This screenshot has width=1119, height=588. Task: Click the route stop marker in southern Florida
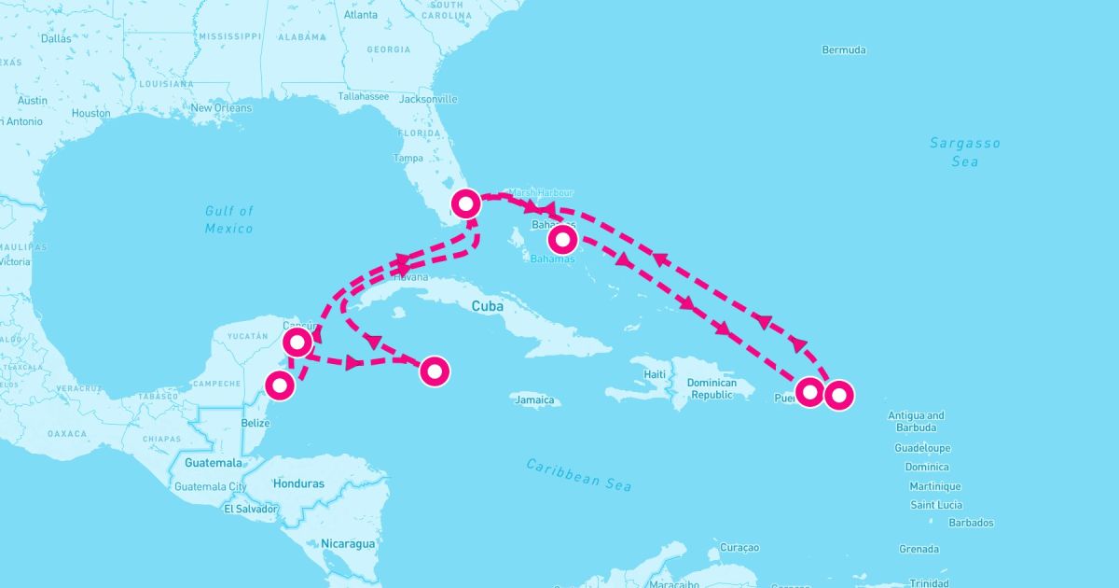[465, 203]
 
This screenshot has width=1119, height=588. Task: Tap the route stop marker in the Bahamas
[562, 240]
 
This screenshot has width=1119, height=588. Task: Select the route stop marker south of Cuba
[435, 371]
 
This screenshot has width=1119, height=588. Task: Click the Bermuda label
[844, 49]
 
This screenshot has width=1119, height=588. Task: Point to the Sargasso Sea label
[965, 152]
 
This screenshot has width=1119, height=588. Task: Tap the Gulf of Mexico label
[229, 219]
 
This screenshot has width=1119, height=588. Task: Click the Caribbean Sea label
[578, 474]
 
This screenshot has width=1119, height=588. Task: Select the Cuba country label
[488, 306]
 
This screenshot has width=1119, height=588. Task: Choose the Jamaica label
[535, 400]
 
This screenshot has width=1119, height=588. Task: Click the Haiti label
[656, 374]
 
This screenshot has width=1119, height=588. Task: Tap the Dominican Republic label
[711, 388]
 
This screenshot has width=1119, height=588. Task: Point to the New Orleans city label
[221, 108]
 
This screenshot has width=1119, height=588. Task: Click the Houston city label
[90, 113]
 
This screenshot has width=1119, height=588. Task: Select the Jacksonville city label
[428, 99]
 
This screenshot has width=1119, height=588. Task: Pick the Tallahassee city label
[364, 96]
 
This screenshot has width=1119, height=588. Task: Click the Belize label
[256, 423]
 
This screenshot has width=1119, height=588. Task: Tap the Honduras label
[298, 483]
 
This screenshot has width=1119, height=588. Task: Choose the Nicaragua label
[348, 543]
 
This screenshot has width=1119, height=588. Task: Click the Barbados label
[971, 524]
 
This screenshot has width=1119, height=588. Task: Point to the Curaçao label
[741, 547]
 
